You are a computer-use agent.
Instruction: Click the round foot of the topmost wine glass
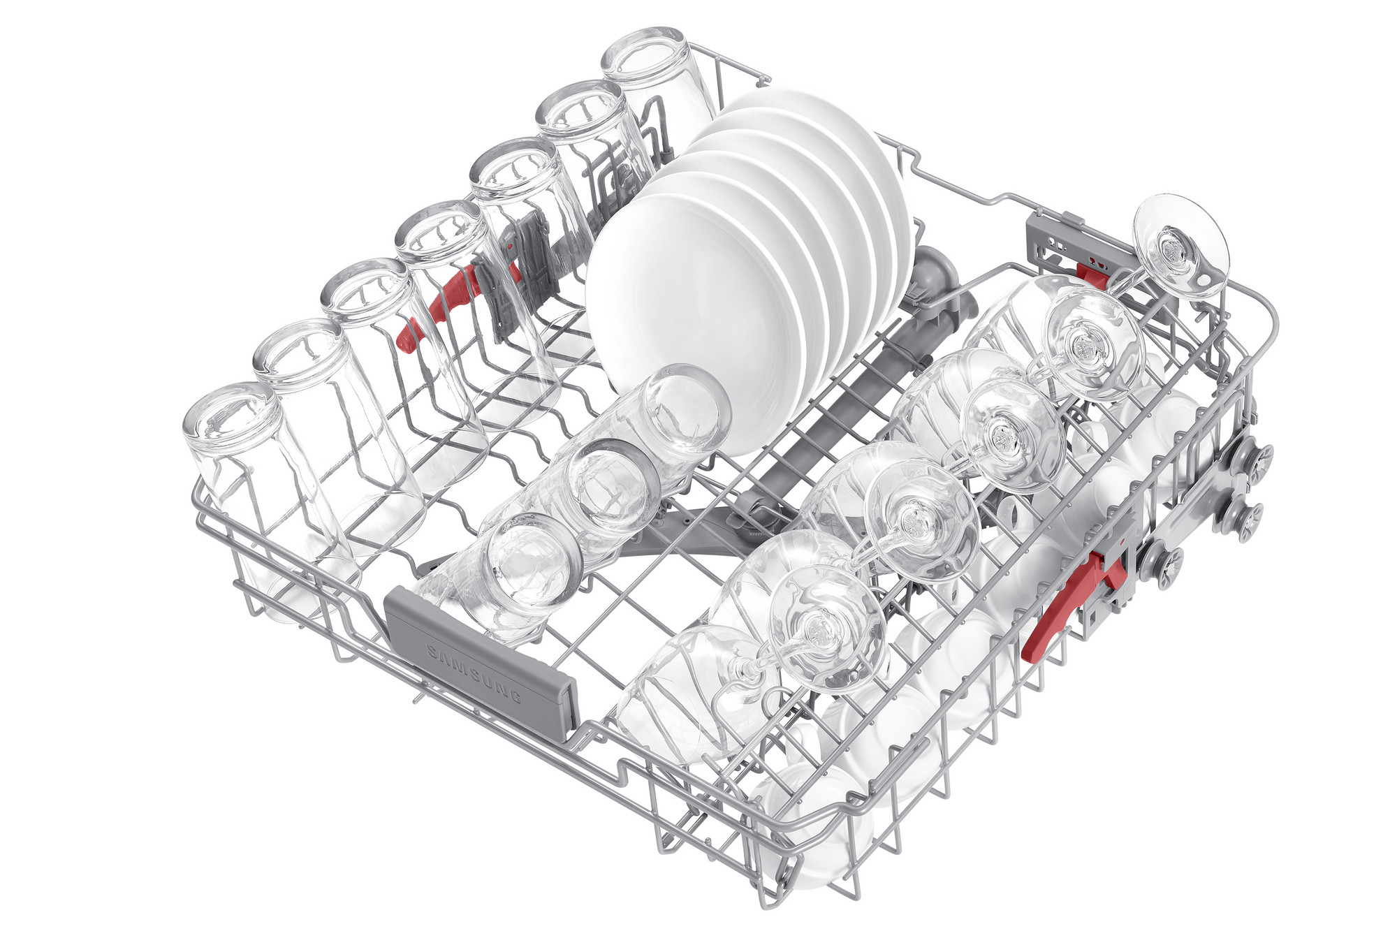(x=1180, y=244)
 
